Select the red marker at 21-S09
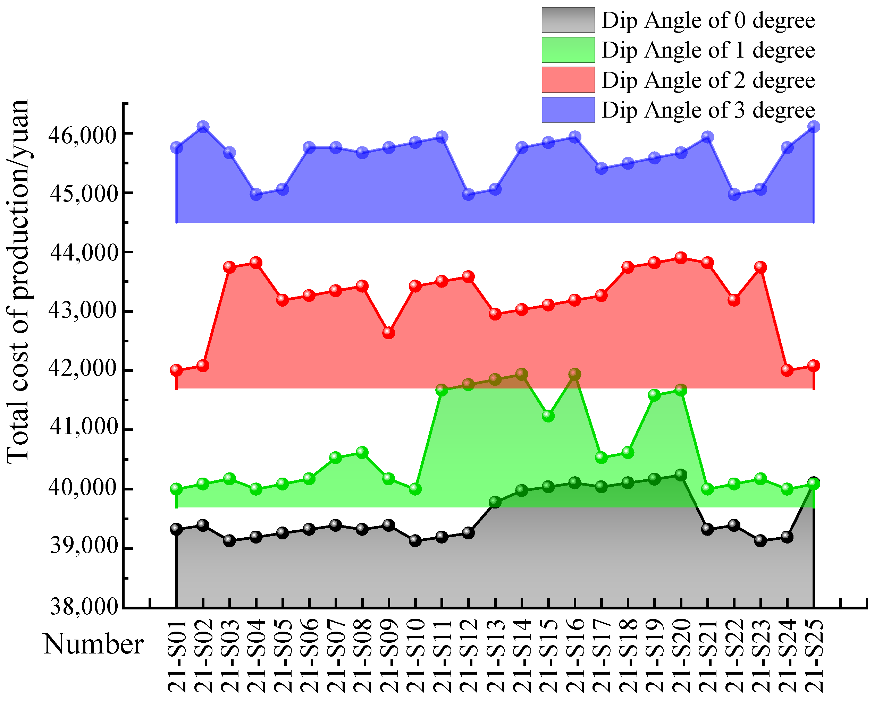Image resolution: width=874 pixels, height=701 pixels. [x=389, y=333]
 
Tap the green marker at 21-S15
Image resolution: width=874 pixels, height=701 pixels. [x=548, y=416]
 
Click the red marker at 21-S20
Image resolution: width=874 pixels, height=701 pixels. [x=681, y=258]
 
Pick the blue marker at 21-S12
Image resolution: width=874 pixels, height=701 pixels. [x=468, y=194]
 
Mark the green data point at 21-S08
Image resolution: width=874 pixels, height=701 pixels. [x=362, y=452]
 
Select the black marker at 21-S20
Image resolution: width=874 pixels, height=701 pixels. [x=681, y=475]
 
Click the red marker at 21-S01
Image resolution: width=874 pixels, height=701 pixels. [x=176, y=369]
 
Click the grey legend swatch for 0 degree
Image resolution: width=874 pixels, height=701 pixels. [x=568, y=20]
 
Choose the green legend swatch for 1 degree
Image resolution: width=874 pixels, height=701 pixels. [x=568, y=50]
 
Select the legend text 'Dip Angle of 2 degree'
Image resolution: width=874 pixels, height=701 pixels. [x=708, y=80]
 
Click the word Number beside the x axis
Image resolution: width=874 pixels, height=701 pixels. [x=93, y=644]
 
